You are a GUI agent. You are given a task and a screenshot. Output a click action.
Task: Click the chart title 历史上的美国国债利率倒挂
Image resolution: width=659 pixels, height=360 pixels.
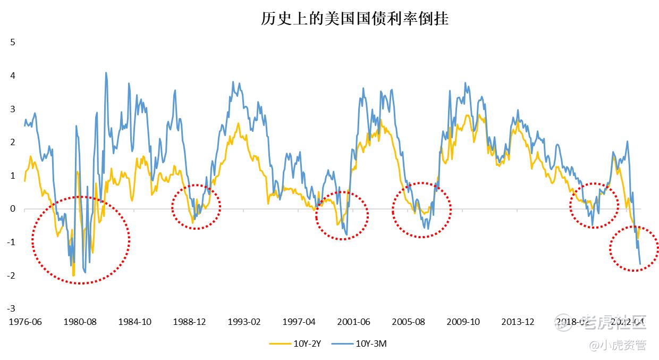pyautogui.click(x=354, y=20)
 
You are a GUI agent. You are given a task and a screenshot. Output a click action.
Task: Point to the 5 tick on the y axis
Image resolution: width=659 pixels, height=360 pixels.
pyautogui.click(x=13, y=43)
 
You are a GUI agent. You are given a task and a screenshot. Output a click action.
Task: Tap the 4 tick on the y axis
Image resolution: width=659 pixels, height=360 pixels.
pyautogui.click(x=13, y=76)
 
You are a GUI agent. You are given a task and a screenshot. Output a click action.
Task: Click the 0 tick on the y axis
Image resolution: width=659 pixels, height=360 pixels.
pyautogui.click(x=13, y=209)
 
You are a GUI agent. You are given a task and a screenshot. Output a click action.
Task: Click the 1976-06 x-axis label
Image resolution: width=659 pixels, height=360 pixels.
pyautogui.click(x=25, y=322)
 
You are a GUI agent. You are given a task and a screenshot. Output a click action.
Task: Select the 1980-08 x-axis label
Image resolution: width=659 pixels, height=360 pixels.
pyautogui.click(x=80, y=322)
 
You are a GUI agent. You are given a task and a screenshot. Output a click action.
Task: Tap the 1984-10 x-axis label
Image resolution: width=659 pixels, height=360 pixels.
pyautogui.click(x=134, y=322)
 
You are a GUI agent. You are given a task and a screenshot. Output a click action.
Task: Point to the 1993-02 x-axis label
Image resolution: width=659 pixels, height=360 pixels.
pyautogui.click(x=244, y=322)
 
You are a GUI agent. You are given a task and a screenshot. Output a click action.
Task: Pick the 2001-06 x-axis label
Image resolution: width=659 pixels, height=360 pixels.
pyautogui.click(x=353, y=322)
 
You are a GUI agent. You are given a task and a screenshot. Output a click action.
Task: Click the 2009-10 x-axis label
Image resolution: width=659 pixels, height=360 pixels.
pyautogui.click(x=463, y=322)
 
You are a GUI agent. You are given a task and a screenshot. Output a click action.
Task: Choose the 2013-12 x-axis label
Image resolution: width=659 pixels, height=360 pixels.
pyautogui.click(x=518, y=322)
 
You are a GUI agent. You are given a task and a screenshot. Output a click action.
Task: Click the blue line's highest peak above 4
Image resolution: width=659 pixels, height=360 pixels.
pyautogui.click(x=106, y=73)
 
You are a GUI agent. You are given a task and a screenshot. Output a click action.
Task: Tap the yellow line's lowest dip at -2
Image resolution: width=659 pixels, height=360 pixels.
pyautogui.click(x=73, y=275)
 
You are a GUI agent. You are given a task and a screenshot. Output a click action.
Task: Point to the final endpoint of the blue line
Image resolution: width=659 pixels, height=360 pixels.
pyautogui.click(x=640, y=264)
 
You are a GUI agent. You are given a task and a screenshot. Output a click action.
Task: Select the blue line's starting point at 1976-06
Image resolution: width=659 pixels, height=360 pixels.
pyautogui.click(x=25, y=125)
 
